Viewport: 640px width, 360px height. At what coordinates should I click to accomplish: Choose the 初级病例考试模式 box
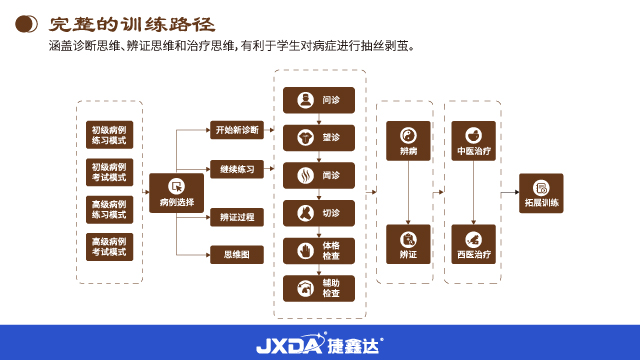[109, 171]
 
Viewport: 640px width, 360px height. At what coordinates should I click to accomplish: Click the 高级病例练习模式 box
[109, 209]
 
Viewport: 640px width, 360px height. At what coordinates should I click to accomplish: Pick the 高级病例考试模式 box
[109, 247]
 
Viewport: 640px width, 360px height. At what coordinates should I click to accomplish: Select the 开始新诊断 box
[237, 131]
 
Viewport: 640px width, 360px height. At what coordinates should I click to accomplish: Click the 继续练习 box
[237, 170]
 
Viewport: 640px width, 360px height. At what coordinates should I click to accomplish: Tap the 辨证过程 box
[237, 217]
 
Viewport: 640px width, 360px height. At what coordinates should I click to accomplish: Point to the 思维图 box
[237, 255]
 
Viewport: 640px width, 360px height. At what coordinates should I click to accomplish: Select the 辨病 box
[408, 141]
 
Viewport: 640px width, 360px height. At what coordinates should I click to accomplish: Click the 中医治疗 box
[473, 141]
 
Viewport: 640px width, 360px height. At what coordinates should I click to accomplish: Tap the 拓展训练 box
[541, 193]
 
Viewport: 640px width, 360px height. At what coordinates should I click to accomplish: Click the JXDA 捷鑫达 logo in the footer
[319, 343]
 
